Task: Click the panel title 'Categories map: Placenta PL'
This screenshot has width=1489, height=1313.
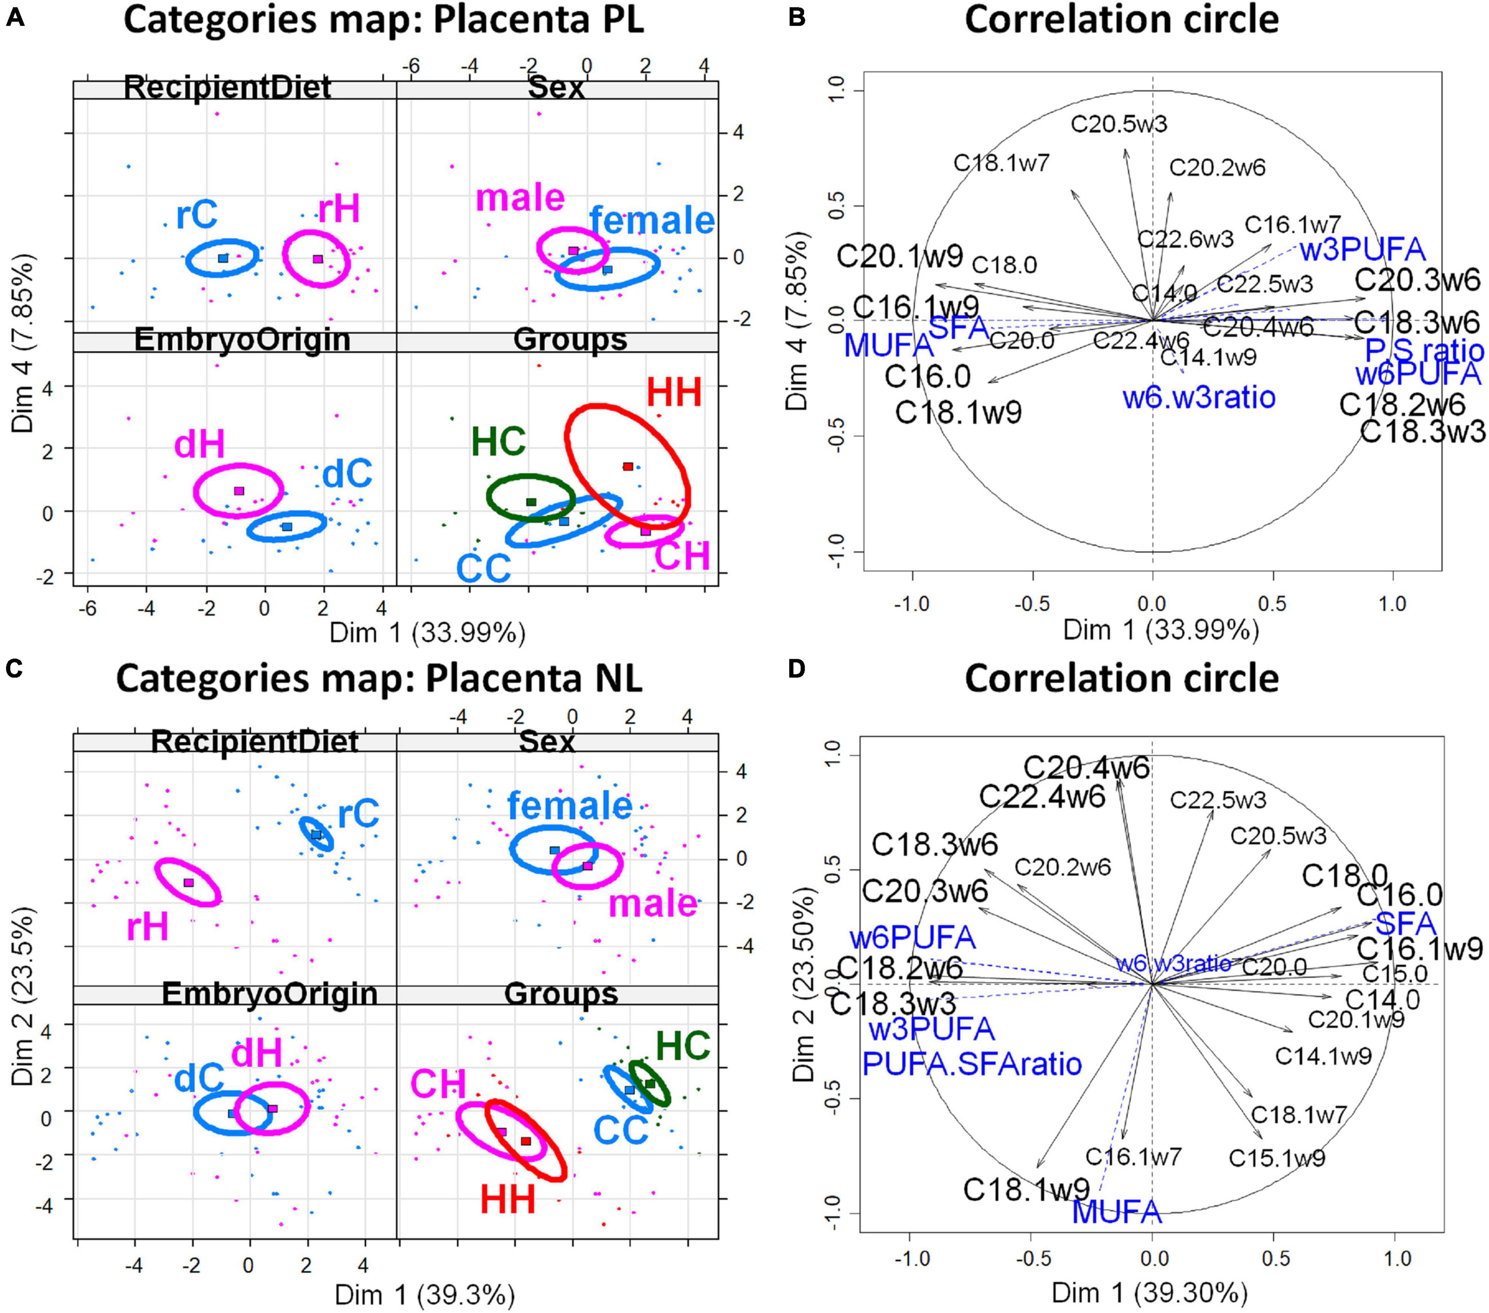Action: point(384,20)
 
